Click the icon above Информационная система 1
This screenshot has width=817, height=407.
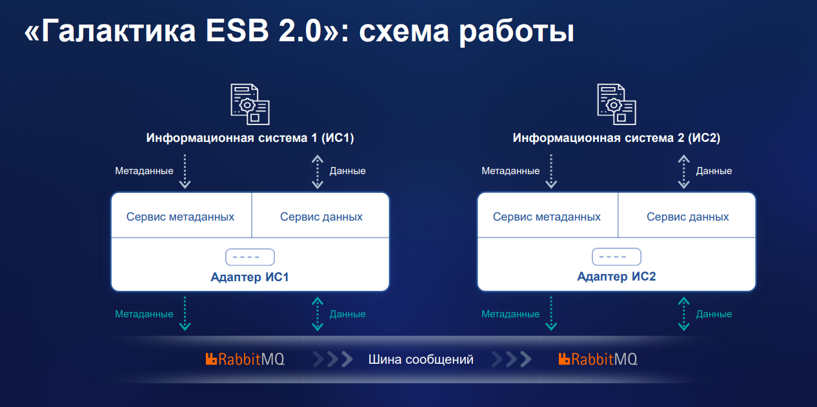click(250, 103)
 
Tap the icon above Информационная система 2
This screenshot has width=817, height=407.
click(616, 103)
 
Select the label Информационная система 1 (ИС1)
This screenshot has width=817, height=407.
click(250, 138)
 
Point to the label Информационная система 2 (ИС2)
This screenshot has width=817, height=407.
click(616, 138)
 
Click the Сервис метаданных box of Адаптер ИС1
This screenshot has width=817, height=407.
click(181, 216)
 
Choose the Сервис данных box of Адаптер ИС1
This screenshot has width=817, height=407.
click(321, 216)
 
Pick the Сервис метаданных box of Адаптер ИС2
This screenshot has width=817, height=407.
click(547, 216)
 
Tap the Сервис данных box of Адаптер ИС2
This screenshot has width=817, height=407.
click(688, 216)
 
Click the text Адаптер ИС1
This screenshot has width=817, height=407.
click(250, 277)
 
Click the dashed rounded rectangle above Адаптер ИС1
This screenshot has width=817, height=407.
click(250, 257)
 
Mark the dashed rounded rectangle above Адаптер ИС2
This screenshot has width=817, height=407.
click(616, 257)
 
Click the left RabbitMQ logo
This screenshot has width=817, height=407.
click(245, 359)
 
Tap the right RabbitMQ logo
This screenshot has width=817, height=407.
click(598, 359)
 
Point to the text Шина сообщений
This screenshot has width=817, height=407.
click(421, 359)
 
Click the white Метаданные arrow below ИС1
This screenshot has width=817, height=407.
click(185, 171)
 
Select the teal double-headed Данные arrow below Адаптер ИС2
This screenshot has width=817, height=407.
click(684, 313)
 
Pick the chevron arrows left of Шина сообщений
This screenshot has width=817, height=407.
click(333, 359)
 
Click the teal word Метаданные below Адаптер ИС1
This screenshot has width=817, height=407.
click(144, 314)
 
